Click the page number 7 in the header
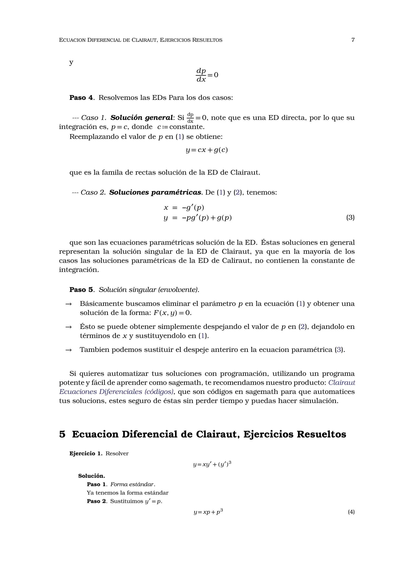[353, 40]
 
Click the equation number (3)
[350, 217]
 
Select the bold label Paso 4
[82, 98]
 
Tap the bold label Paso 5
[82, 290]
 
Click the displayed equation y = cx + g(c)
[207, 150]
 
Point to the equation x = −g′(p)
[184, 208]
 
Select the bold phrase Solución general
[142, 118]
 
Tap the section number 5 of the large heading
[62, 434]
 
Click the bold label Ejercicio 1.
[86, 453]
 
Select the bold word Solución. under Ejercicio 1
[92, 476]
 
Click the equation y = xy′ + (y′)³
[212, 464]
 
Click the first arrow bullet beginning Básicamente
[68, 304]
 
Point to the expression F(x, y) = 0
[172, 313]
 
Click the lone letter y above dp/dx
[71, 62]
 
